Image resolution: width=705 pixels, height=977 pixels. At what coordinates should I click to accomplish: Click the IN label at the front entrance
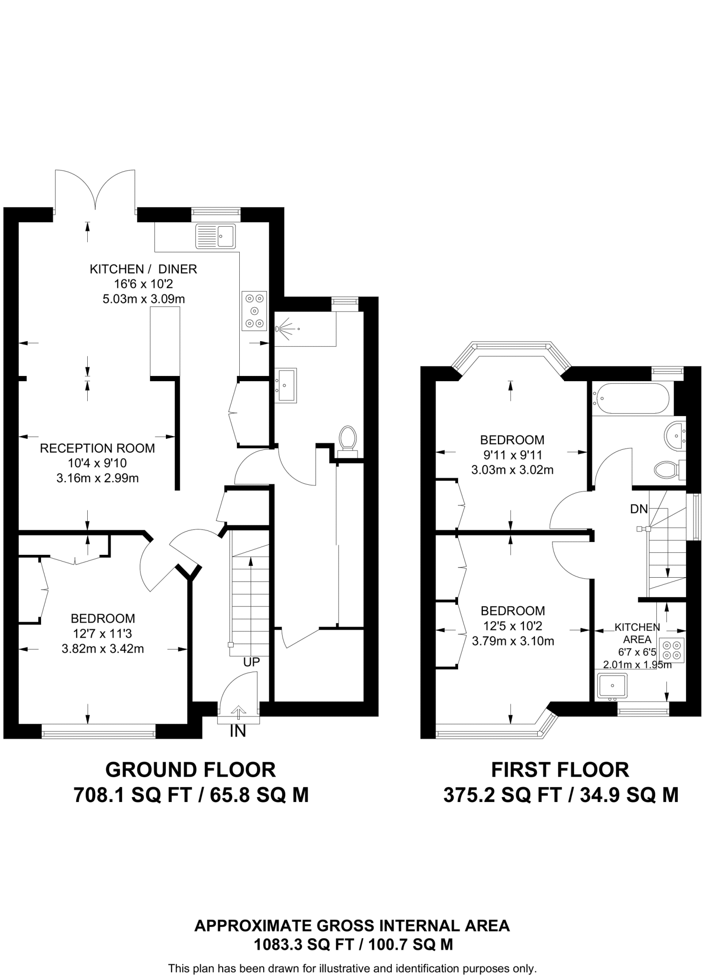click(x=238, y=731)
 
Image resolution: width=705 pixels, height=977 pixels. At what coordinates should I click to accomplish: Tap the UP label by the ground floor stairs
click(x=251, y=662)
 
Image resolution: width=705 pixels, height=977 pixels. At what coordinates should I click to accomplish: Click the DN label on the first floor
click(x=639, y=509)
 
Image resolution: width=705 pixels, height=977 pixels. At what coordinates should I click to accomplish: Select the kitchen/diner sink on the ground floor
click(x=216, y=236)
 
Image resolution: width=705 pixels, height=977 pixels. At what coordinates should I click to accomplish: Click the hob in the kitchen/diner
click(x=254, y=311)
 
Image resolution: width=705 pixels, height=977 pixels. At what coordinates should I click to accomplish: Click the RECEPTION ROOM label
click(x=97, y=448)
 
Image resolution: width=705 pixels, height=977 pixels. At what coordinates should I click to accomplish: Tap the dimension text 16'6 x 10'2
click(x=143, y=284)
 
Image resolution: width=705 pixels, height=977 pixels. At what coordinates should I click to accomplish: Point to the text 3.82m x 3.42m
click(x=103, y=649)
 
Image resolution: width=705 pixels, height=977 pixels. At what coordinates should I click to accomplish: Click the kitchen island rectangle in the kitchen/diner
click(x=165, y=341)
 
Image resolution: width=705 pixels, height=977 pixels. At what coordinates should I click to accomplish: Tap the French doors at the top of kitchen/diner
click(x=95, y=191)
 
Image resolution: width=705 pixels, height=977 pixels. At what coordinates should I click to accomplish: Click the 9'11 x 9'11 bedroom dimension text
click(x=512, y=455)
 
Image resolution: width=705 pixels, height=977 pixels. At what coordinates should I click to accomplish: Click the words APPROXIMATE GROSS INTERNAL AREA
click(x=352, y=926)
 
